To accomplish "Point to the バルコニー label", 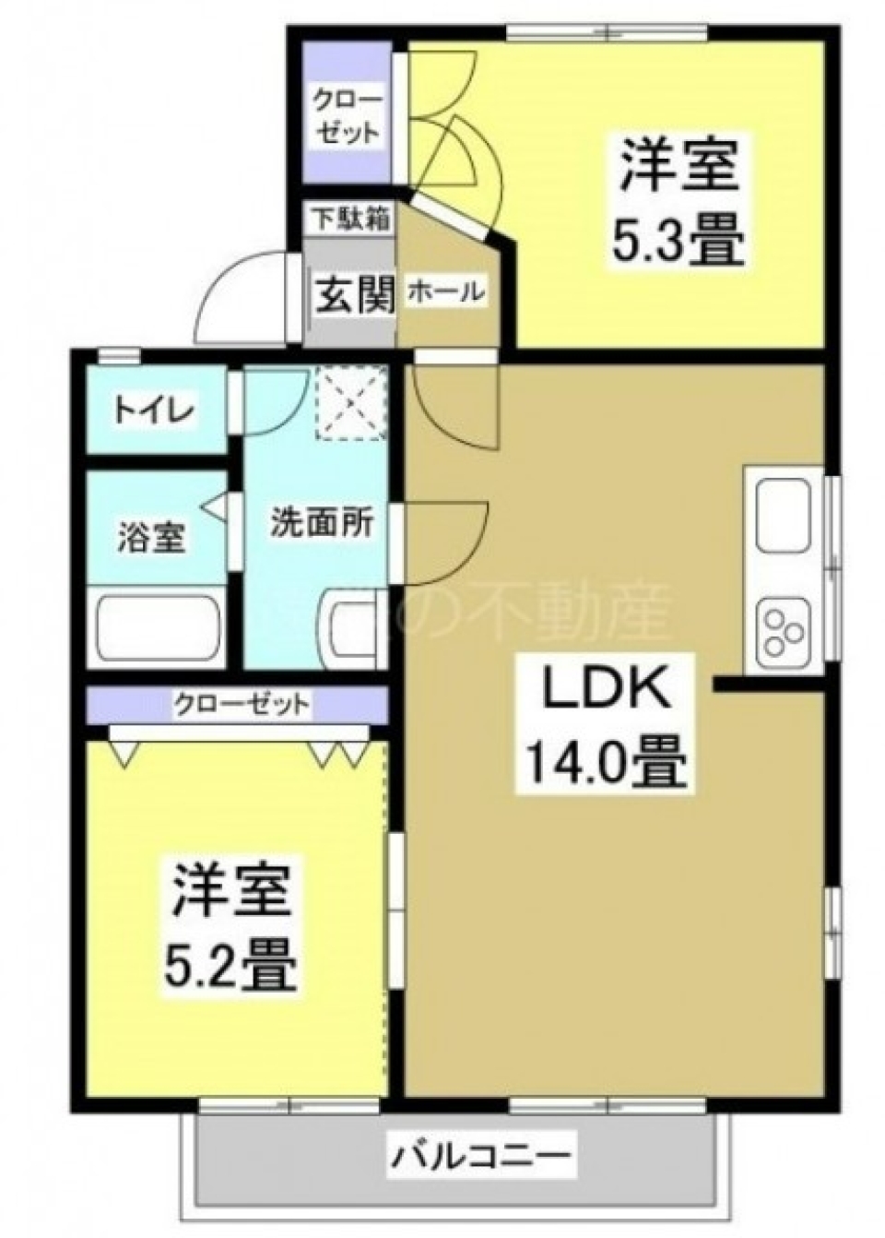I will (x=483, y=1154).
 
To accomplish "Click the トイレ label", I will (x=155, y=411).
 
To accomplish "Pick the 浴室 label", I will (x=152, y=537).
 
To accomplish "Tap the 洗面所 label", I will (x=321, y=524).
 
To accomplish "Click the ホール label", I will (x=445, y=292).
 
